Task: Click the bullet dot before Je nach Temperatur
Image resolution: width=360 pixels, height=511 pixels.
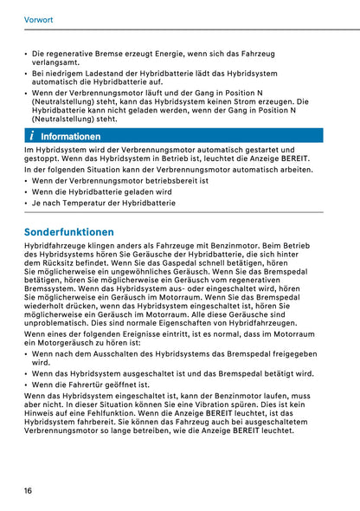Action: (x=26, y=202)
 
